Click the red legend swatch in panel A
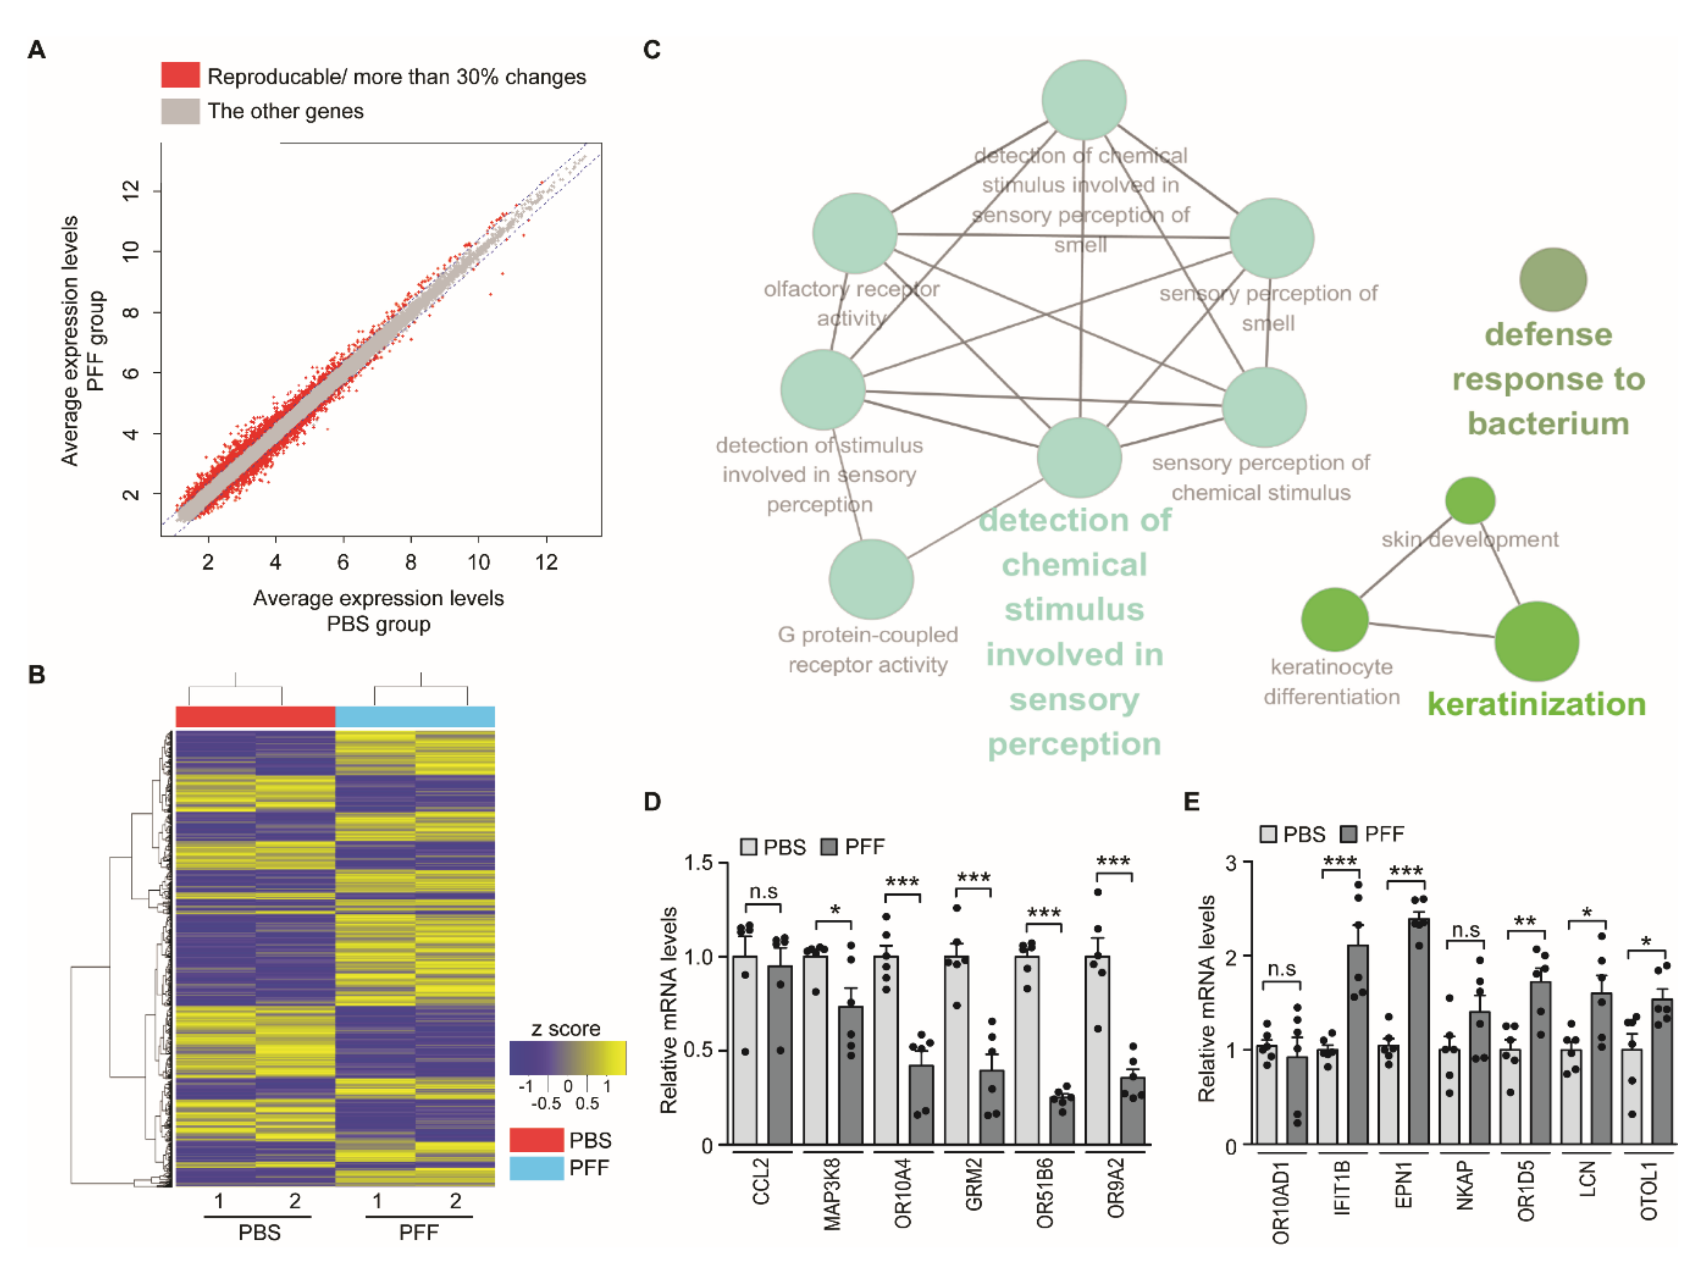[180, 75]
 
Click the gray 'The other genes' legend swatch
[180, 111]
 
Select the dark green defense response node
[1552, 280]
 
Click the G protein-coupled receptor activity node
[871, 579]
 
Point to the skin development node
[1470, 500]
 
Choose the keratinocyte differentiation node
[1334, 619]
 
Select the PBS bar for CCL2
[745, 1050]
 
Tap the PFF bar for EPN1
[1419, 1031]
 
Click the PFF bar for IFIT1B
[1358, 1044]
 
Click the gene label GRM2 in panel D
[974, 1184]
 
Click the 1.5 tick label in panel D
[698, 863]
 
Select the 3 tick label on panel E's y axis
[1231, 863]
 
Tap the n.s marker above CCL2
[763, 891]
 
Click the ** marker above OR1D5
[1525, 921]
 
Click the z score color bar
[567, 1057]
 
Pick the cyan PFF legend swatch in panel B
[536, 1168]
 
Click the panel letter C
[652, 51]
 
